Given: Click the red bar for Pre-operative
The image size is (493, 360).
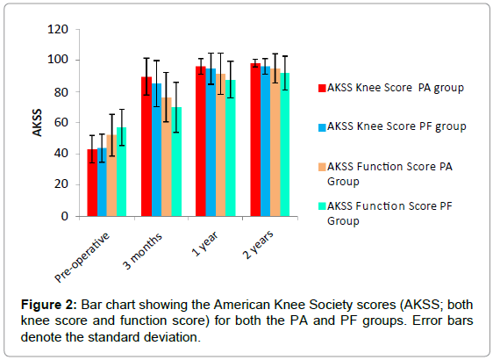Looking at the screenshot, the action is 92,183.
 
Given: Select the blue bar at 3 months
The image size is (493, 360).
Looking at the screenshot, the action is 156,150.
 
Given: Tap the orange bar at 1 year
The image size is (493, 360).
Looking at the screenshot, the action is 221,145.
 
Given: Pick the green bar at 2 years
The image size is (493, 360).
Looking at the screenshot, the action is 285,145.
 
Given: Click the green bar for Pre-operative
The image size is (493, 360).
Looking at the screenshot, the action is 121,172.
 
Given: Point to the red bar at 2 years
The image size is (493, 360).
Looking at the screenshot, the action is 255,140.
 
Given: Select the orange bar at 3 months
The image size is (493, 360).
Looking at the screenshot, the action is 167,157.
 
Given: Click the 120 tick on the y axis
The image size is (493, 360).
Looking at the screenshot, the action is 58,30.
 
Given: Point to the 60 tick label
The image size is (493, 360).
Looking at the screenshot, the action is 61,123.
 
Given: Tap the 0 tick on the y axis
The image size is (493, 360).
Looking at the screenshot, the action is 64,216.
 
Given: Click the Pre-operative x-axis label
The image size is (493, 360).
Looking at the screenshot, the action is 82,257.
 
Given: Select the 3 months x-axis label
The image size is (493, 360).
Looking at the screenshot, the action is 142,251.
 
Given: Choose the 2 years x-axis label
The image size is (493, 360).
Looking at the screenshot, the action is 258,244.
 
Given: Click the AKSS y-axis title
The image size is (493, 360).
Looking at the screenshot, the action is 37,123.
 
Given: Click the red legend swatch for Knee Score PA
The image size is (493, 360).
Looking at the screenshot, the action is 322,88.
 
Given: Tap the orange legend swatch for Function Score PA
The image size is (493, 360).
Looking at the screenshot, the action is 322,167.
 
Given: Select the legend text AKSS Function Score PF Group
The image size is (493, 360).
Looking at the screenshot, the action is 389,213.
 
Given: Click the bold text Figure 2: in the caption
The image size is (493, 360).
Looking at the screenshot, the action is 49,305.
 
